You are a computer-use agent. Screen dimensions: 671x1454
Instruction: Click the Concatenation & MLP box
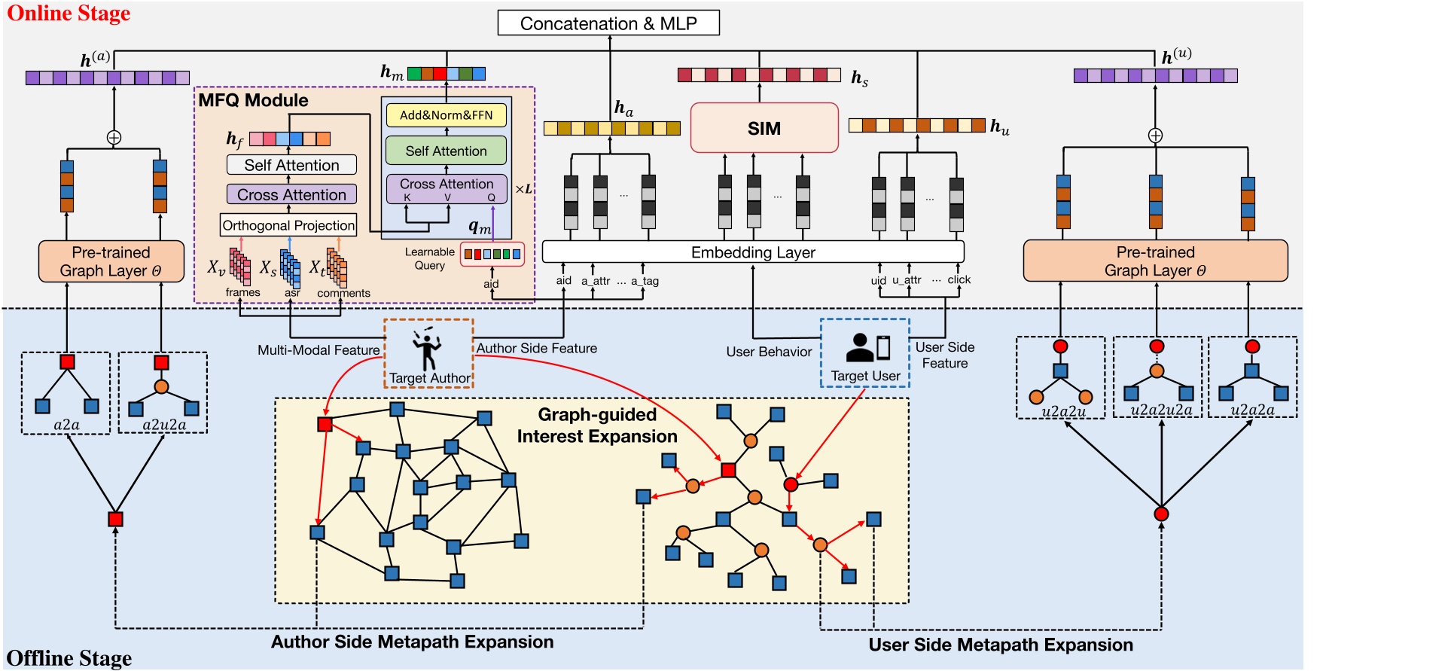click(x=608, y=23)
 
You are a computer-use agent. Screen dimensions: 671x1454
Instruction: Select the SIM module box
click(x=764, y=128)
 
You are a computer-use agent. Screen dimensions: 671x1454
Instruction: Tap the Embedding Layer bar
click(x=753, y=252)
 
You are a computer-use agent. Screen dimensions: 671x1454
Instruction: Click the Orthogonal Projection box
click(x=288, y=225)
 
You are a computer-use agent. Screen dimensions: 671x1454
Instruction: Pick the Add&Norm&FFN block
click(x=446, y=115)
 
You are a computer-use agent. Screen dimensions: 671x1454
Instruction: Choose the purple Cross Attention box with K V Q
click(x=447, y=188)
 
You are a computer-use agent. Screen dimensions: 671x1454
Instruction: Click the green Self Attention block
click(x=446, y=151)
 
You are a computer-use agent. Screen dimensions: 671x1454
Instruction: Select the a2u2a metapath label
click(x=163, y=425)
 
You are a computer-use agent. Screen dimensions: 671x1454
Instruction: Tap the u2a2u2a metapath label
click(x=1160, y=410)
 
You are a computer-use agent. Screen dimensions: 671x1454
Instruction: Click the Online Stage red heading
click(x=69, y=13)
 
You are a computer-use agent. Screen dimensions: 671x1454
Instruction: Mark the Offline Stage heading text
click(x=69, y=658)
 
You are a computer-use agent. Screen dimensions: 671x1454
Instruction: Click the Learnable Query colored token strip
click(x=492, y=255)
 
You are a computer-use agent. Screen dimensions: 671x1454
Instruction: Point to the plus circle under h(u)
click(x=1155, y=136)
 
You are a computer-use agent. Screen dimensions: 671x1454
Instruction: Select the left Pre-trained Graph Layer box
click(x=111, y=261)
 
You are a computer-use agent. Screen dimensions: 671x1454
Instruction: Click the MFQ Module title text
click(x=253, y=100)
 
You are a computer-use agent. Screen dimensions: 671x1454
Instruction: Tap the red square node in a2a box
click(x=67, y=361)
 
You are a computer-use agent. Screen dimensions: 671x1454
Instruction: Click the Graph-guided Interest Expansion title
click(x=597, y=425)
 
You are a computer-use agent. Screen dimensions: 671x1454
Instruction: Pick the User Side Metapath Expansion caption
click(x=1000, y=645)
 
